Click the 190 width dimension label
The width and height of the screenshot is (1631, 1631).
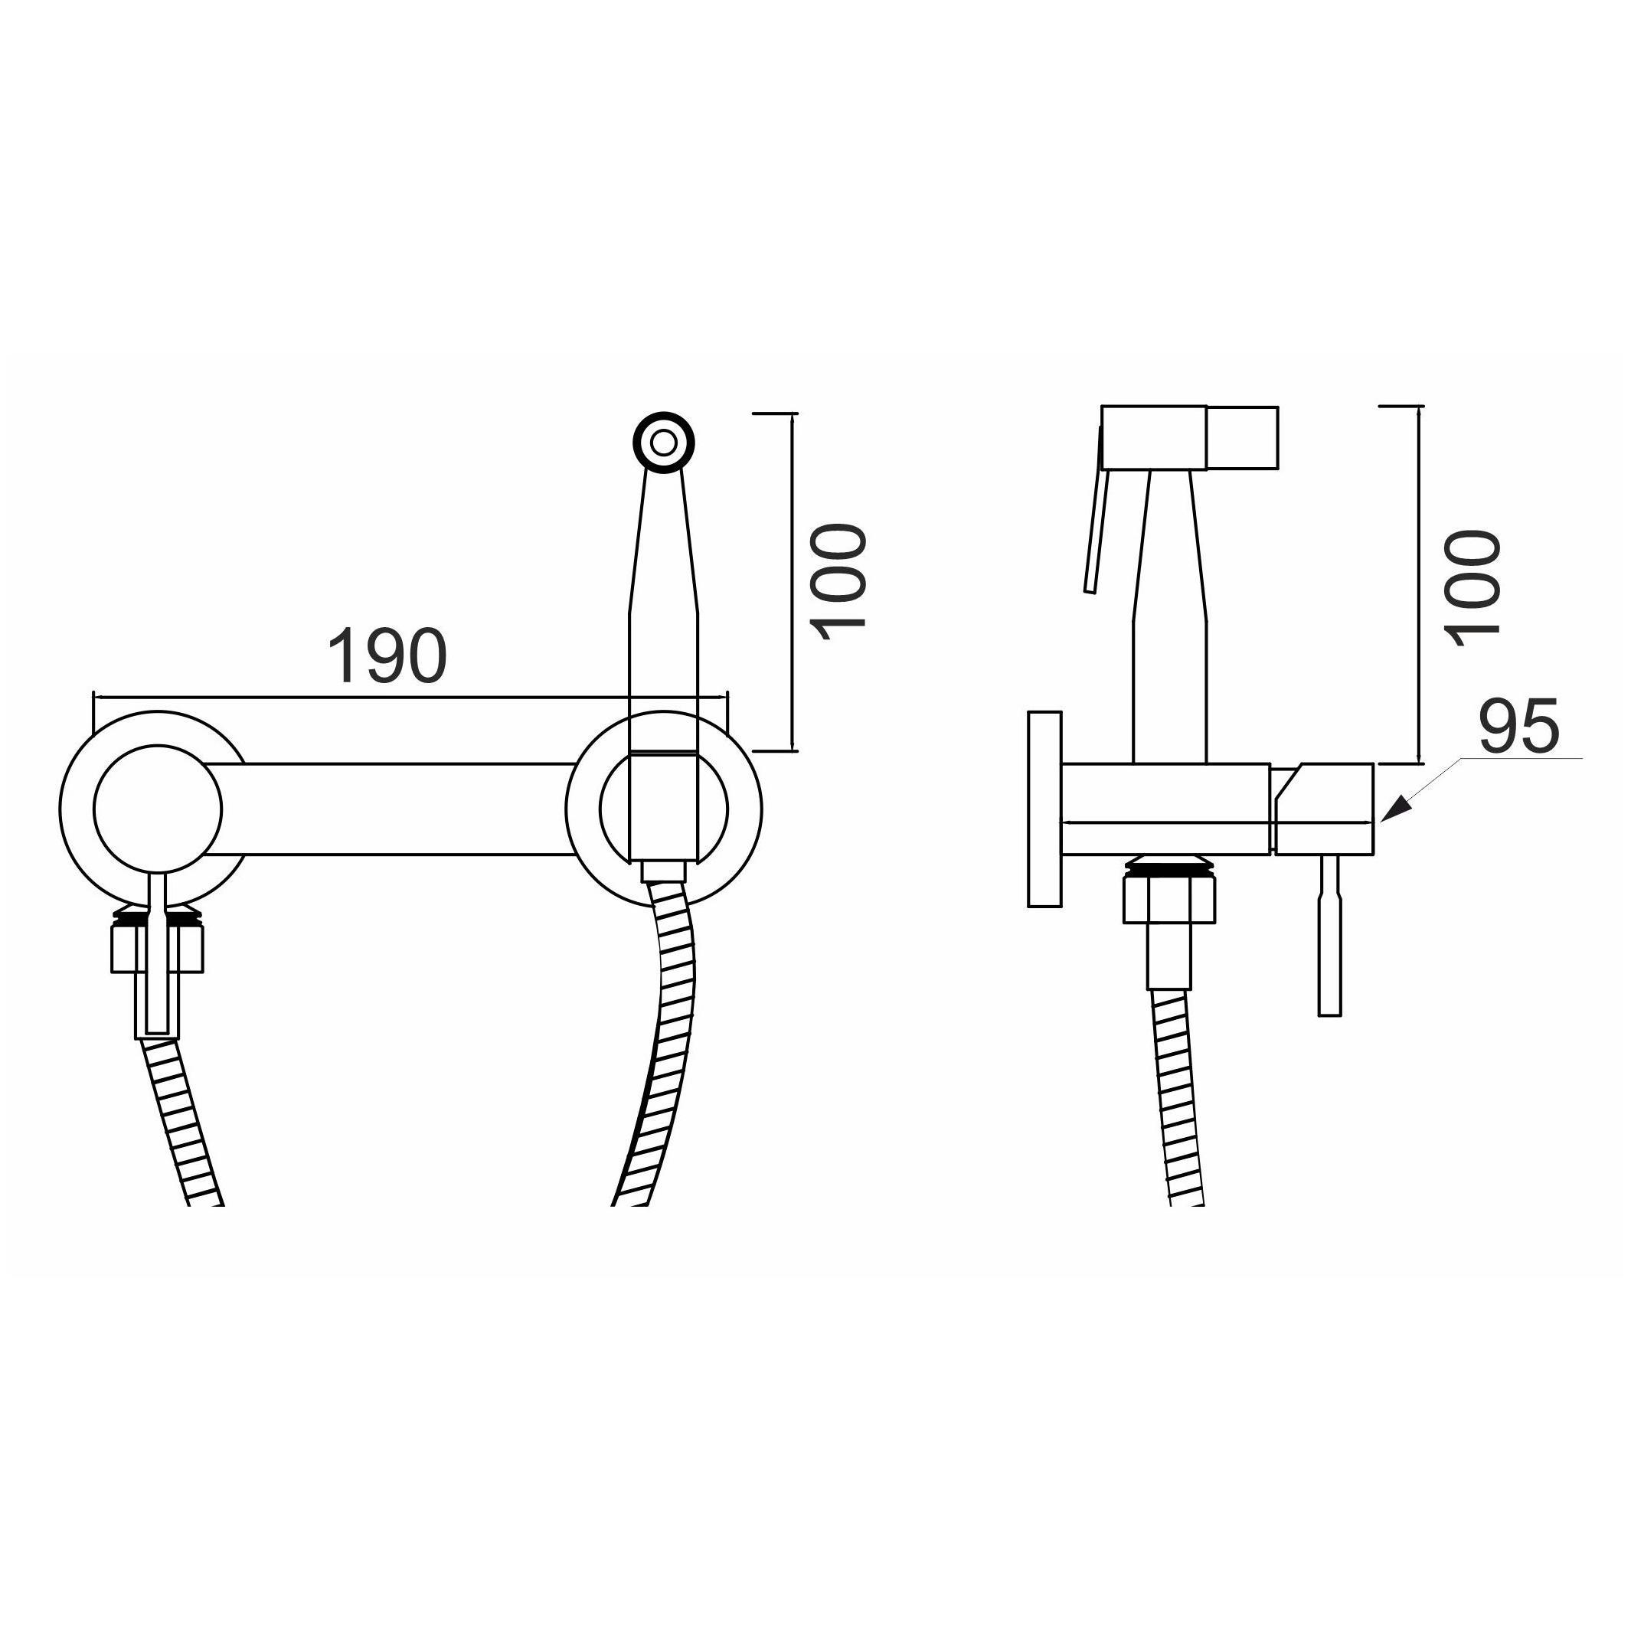point(387,656)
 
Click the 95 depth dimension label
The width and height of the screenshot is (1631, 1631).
point(1518,725)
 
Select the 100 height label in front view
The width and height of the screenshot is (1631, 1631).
point(838,582)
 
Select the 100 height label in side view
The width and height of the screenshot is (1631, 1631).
point(1472,587)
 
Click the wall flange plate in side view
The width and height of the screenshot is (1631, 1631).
point(1044,809)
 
